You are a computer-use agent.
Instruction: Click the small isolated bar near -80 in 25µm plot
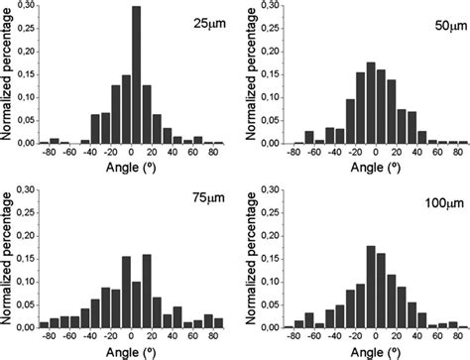[x=55, y=141]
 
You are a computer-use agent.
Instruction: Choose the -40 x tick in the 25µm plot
[x=91, y=155]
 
